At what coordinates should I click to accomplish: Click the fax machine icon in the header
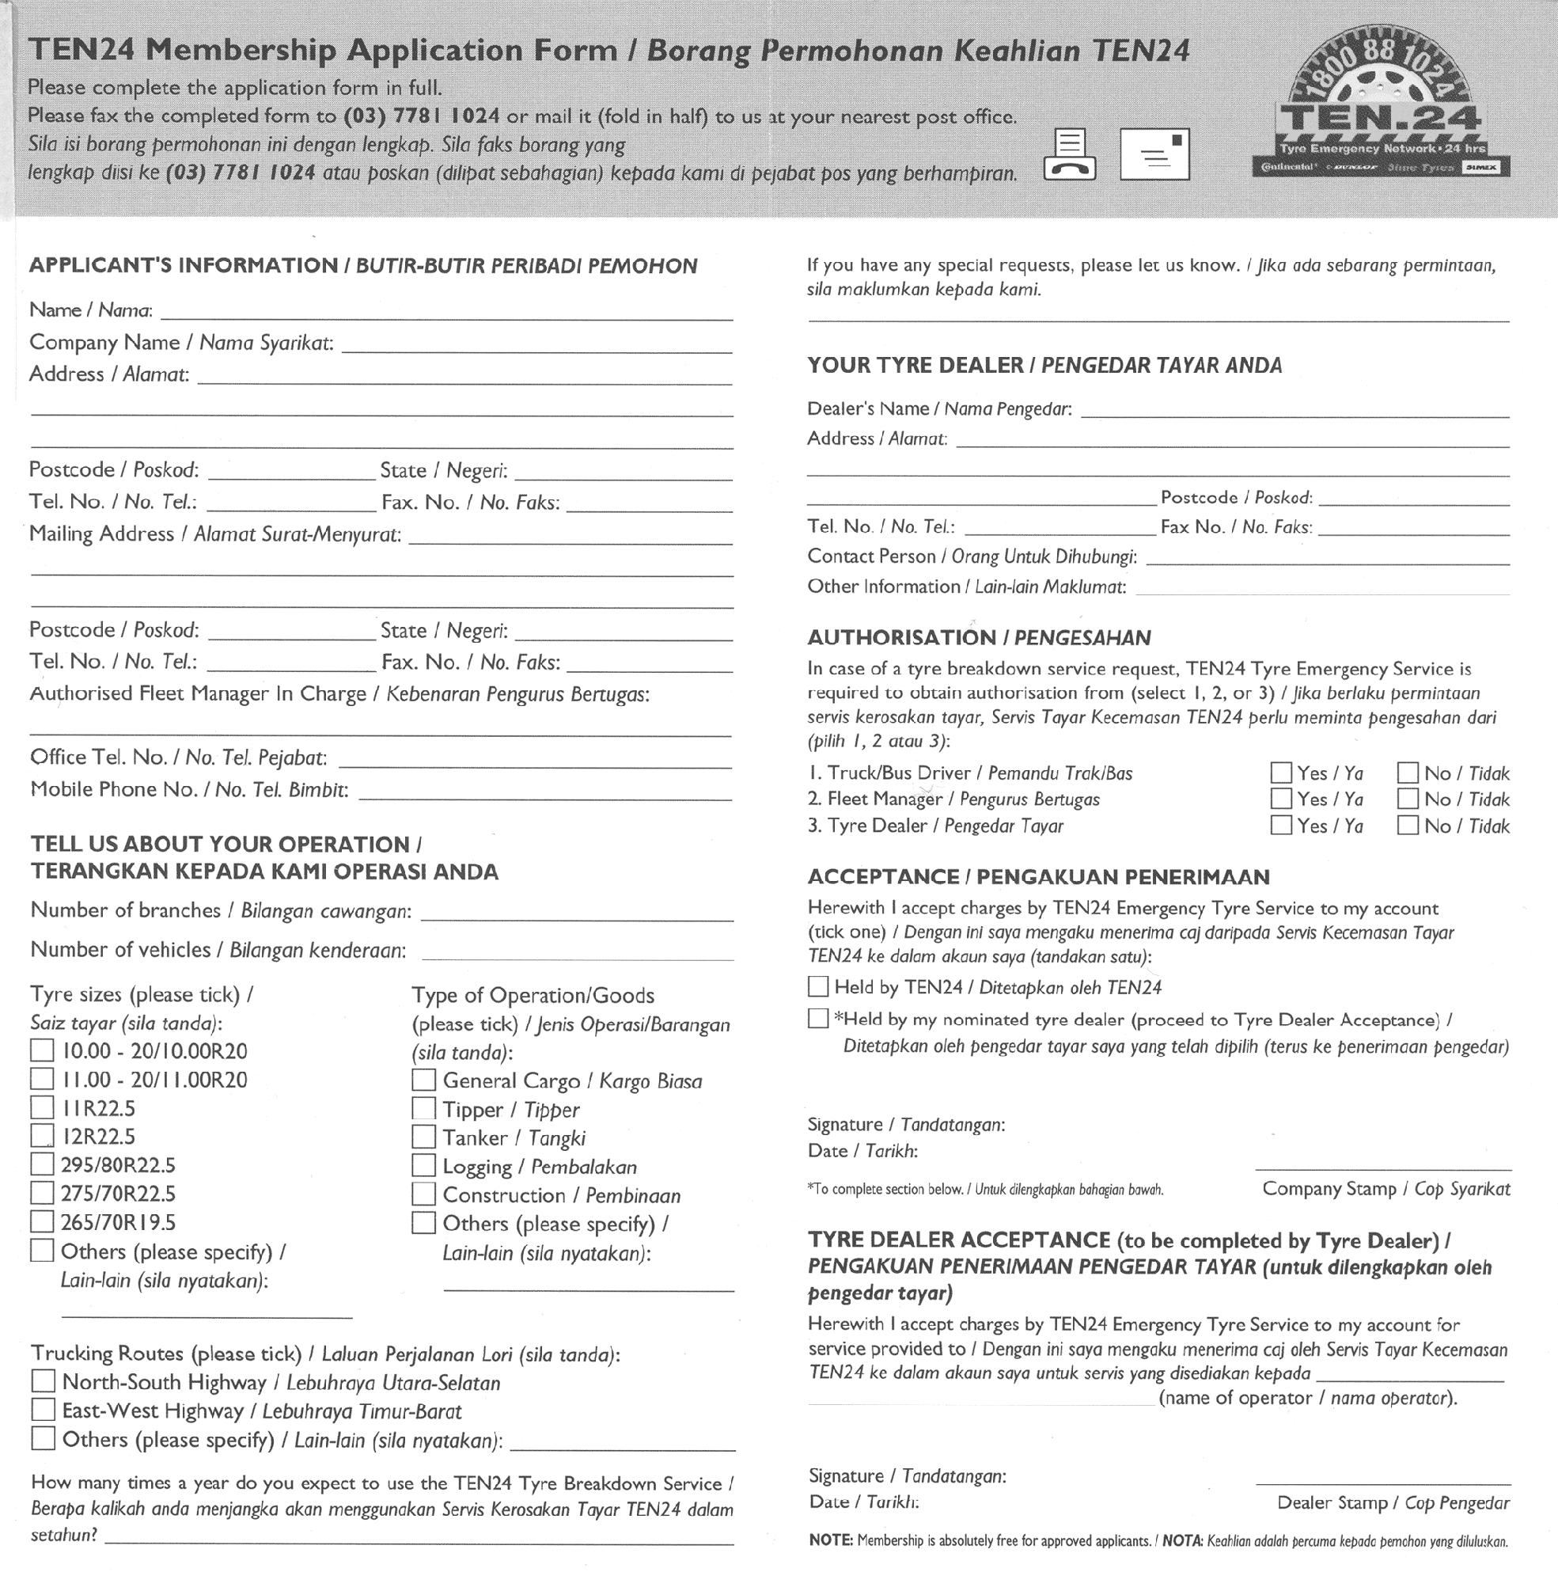(1069, 154)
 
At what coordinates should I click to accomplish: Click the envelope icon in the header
(1154, 154)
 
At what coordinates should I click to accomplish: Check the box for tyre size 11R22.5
(42, 1107)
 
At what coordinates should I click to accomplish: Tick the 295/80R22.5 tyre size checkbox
(42, 1164)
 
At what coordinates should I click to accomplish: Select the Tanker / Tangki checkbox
(423, 1137)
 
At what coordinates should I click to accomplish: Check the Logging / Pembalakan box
(423, 1165)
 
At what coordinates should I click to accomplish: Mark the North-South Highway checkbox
(43, 1381)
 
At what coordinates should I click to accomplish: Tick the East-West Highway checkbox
(43, 1410)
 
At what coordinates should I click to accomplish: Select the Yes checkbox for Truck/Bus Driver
(1280, 773)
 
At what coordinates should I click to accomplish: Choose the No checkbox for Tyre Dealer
(1408, 825)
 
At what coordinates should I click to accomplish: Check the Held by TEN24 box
(817, 987)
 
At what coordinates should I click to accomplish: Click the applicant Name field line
(448, 317)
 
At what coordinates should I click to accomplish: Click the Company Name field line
(537, 350)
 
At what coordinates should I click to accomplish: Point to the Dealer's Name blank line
(1294, 415)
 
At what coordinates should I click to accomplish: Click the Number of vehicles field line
(578, 957)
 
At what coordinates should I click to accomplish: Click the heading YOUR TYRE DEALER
(915, 366)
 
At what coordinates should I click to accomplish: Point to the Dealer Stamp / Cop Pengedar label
(1393, 1503)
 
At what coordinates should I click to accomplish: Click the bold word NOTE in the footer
(830, 1541)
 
